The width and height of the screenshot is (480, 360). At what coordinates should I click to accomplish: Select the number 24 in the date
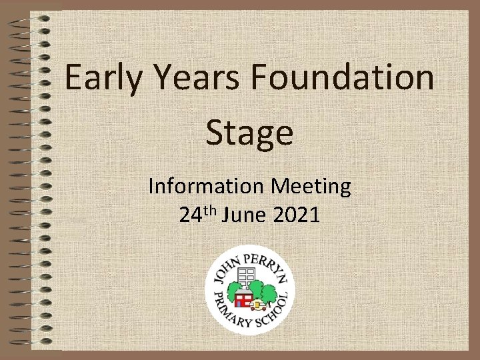(191, 215)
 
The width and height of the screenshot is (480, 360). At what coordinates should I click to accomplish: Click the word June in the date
(245, 215)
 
